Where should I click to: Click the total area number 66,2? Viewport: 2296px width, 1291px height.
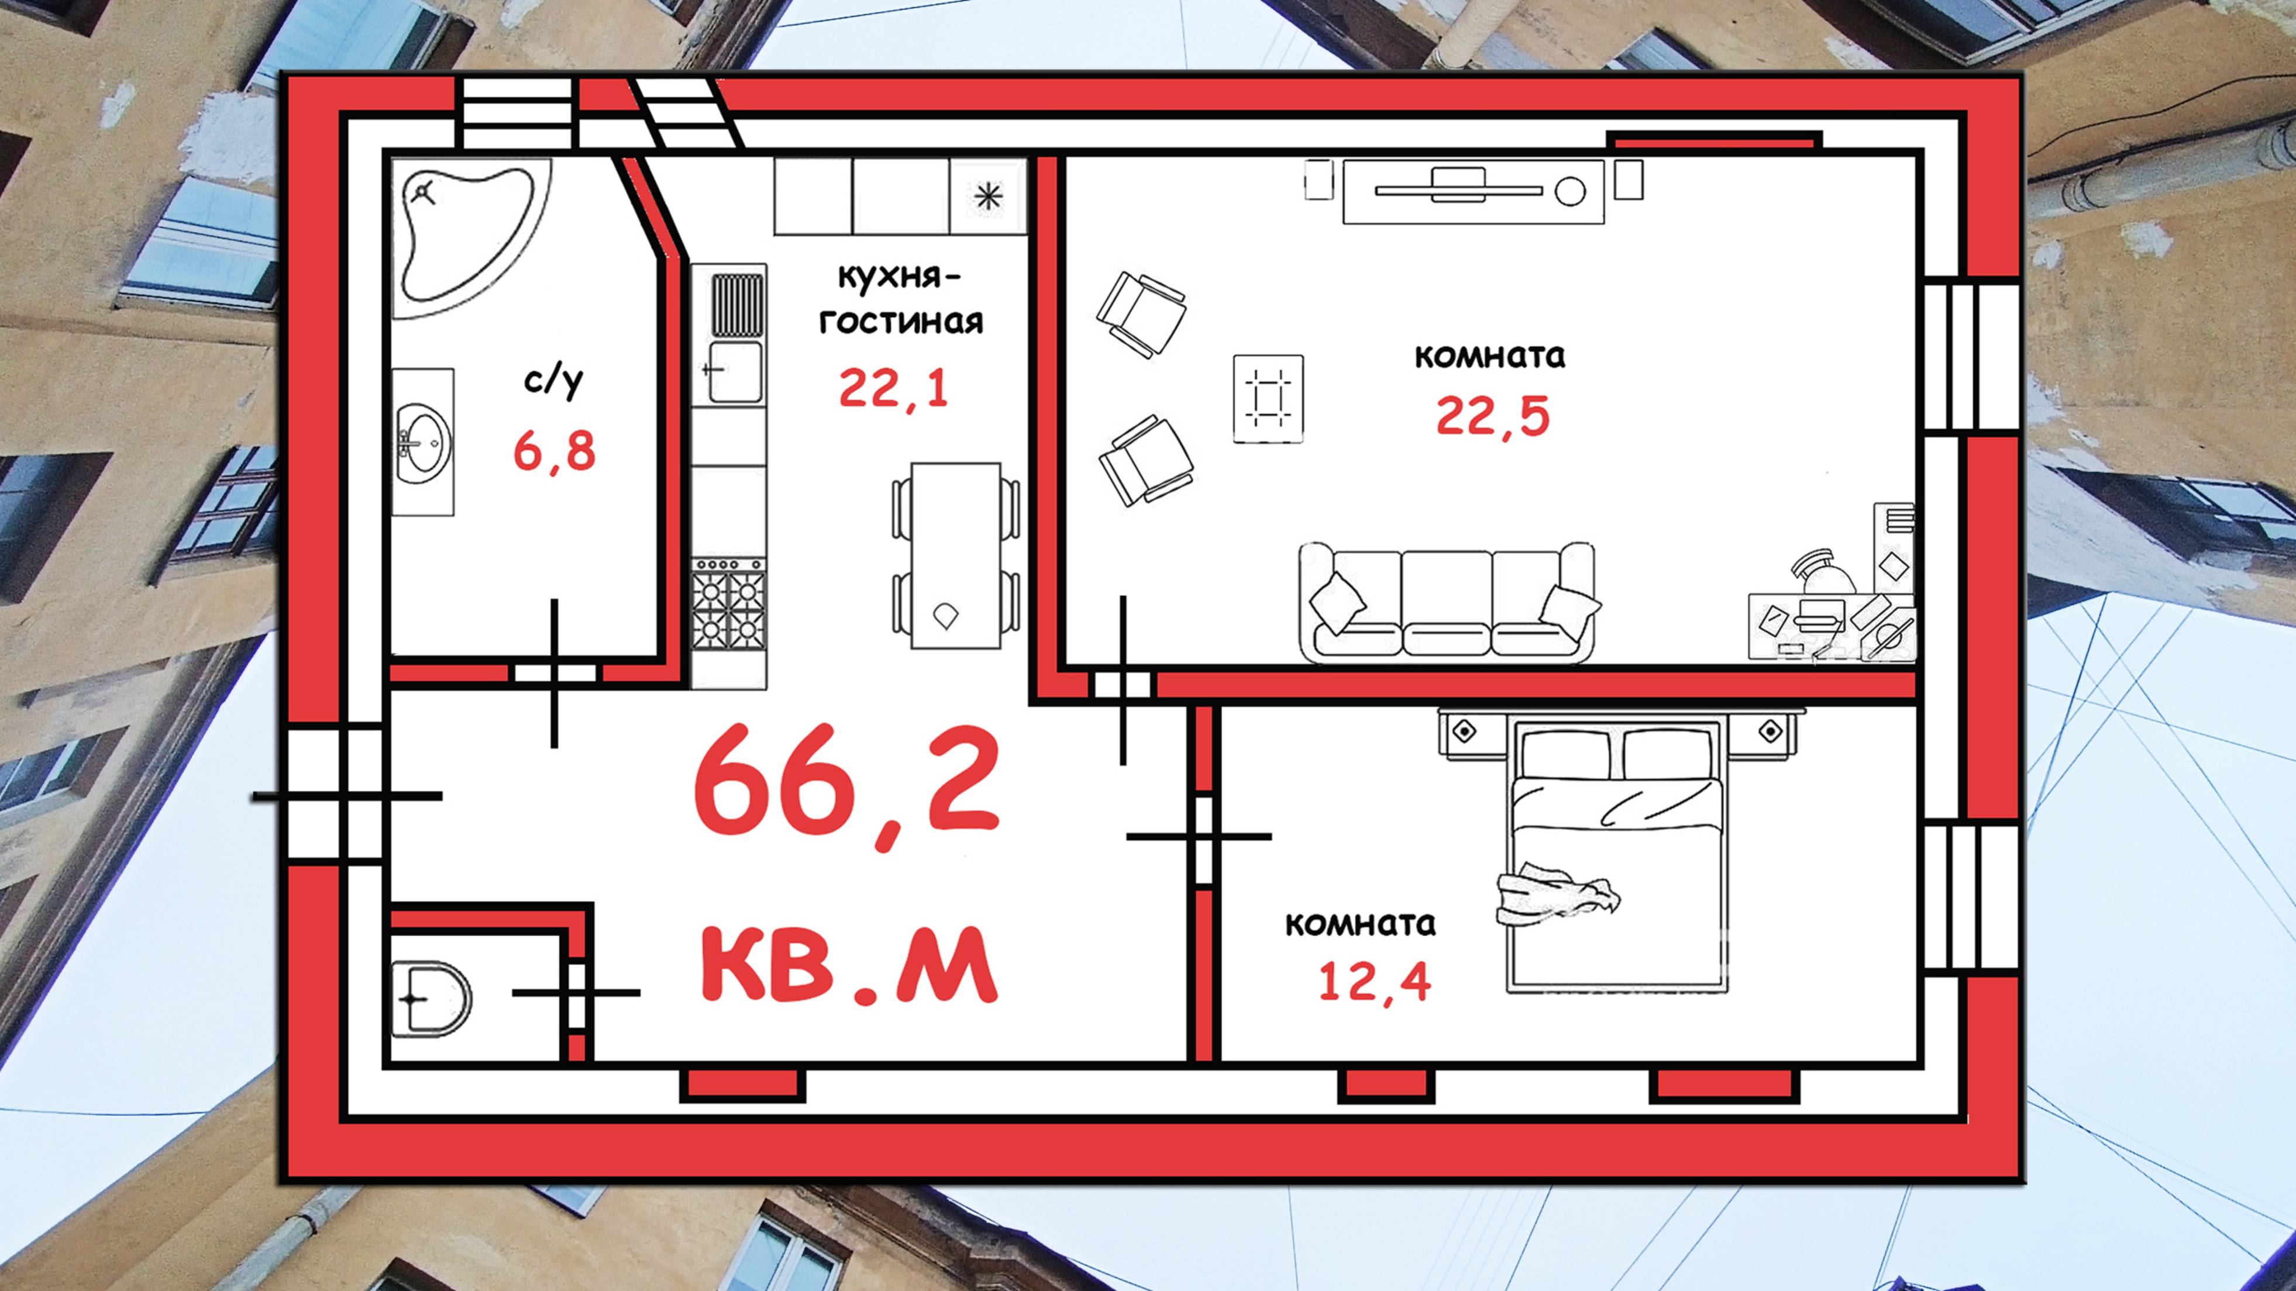[x=846, y=787]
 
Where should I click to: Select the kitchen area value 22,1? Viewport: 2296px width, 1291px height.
[x=894, y=388]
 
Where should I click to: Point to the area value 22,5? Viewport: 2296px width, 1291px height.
[x=1493, y=416]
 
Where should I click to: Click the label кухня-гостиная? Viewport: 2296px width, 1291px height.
[x=900, y=298]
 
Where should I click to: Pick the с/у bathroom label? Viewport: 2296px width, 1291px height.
[x=553, y=381]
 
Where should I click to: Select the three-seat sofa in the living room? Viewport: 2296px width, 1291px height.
[x=1445, y=603]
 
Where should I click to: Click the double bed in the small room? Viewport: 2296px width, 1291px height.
[x=1616, y=865]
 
